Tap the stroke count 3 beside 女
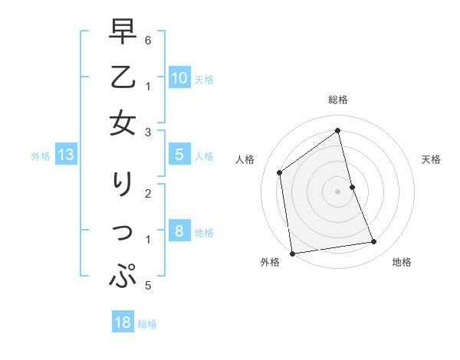click(148, 133)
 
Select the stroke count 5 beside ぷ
click(148, 286)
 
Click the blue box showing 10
click(179, 78)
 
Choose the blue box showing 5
click(179, 155)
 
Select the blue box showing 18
click(123, 322)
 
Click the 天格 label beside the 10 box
click(204, 80)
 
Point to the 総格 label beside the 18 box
click(147, 324)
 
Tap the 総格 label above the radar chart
click(337, 100)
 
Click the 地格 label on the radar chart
click(402, 262)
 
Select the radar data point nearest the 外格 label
click(292, 254)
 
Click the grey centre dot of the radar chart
click(337, 191)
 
